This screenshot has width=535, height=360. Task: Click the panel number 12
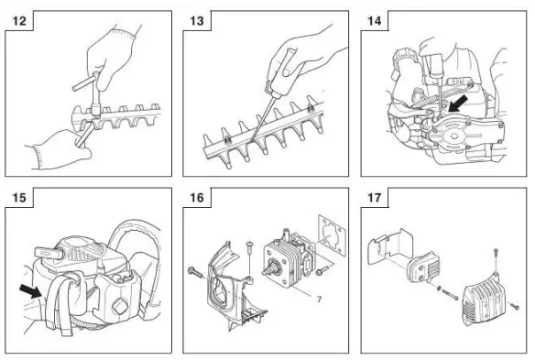(18, 19)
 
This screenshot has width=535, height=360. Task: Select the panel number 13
(197, 19)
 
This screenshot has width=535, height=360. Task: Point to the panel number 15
(18, 198)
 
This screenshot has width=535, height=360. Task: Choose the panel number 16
(197, 198)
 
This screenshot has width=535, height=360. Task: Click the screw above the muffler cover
(496, 256)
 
